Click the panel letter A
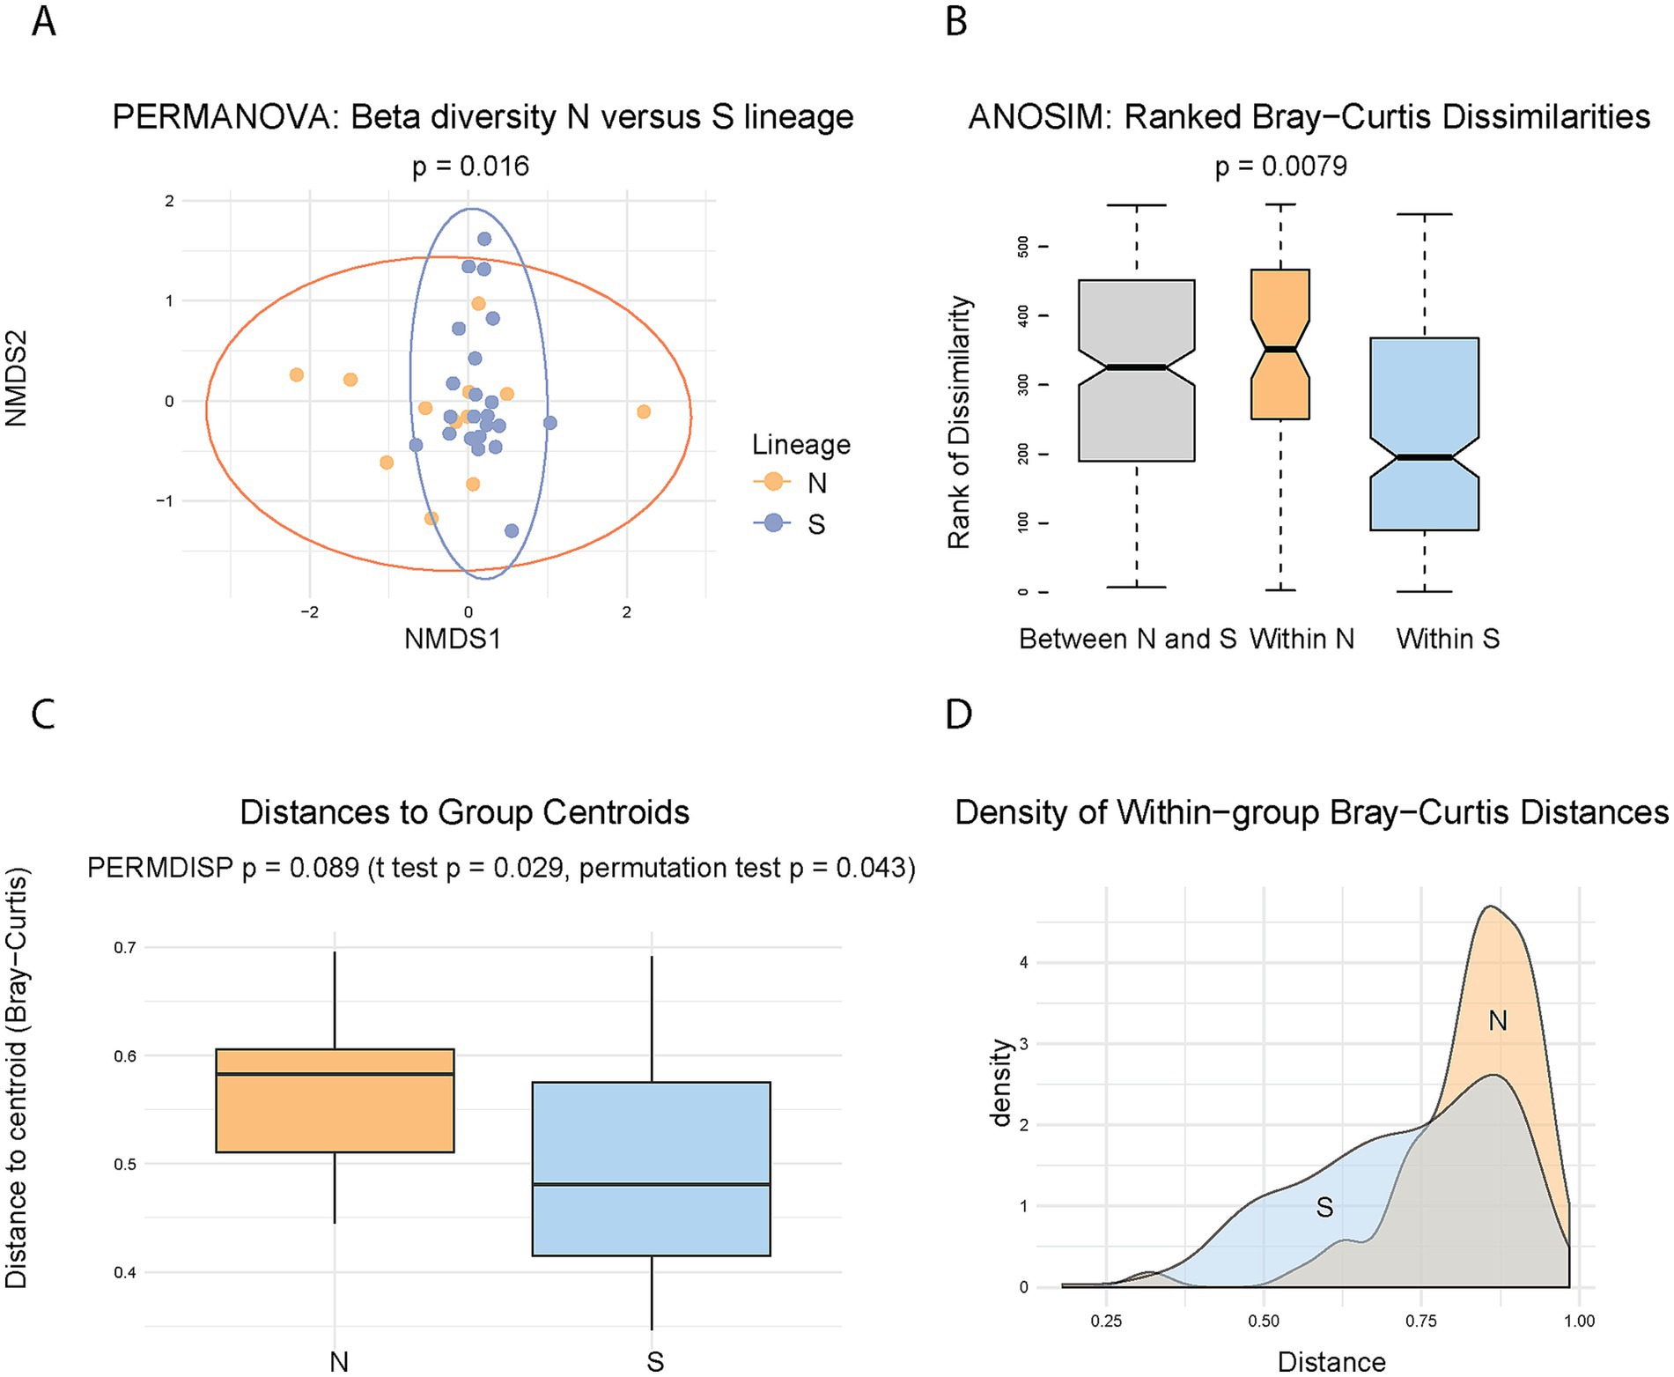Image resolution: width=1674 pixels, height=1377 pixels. [x=44, y=20]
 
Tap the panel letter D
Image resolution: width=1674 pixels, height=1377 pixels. [x=958, y=714]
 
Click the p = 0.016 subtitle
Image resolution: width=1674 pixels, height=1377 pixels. [x=470, y=167]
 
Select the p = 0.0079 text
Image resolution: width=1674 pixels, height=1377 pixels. [x=1280, y=167]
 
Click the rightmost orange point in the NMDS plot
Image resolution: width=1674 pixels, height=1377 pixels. [x=644, y=411]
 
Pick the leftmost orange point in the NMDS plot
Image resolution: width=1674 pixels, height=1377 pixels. [x=297, y=374]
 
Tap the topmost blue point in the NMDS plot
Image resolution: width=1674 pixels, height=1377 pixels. [x=484, y=239]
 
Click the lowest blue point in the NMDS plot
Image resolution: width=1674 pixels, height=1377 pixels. [x=512, y=530]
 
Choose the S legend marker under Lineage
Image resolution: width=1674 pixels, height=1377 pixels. [x=773, y=523]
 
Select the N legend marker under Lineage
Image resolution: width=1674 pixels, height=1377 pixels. [x=773, y=482]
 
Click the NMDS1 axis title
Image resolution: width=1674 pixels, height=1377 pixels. [x=453, y=639]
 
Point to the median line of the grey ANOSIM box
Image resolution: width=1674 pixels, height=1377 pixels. [x=1136, y=367]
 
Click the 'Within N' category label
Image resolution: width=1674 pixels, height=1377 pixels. [x=1302, y=639]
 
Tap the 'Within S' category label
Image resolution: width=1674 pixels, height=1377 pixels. [x=1448, y=639]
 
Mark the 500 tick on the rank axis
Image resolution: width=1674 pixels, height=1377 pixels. [x=1023, y=247]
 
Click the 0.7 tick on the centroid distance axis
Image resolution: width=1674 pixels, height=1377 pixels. [x=125, y=948]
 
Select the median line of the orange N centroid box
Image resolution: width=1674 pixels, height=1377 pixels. [x=335, y=1074]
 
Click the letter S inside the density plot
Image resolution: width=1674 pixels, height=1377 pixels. [x=1324, y=1207]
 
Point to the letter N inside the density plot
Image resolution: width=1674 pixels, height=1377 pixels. [x=1497, y=1021]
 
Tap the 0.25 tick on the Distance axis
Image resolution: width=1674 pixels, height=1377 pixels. [x=1106, y=1321]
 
